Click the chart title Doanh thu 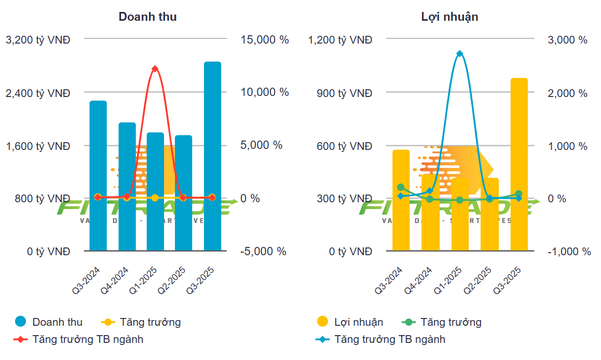tap(147, 17)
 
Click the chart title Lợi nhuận tap(449, 17)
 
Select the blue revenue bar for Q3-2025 tap(212, 156)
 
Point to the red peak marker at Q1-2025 tap(155, 69)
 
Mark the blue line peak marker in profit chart tap(459, 53)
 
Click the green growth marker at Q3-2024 tap(400, 187)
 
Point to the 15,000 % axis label tap(264, 40)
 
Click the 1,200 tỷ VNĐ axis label tap(340, 40)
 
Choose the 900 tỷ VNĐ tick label tap(345, 93)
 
